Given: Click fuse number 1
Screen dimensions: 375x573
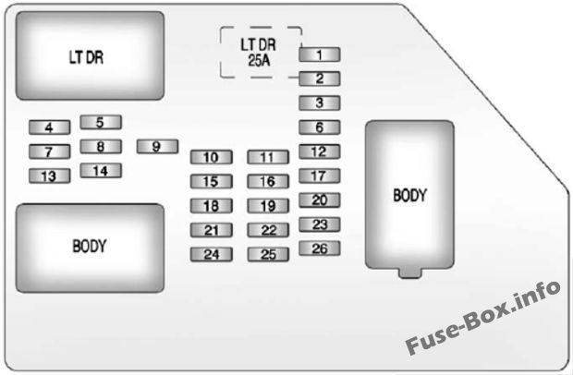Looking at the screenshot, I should click(320, 54).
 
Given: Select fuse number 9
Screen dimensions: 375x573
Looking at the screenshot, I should click(157, 146).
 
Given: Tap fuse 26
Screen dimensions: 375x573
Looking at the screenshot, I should click(320, 248).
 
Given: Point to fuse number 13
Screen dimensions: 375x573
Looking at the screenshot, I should click(49, 175).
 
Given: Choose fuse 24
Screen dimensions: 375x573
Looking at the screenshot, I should click(212, 255).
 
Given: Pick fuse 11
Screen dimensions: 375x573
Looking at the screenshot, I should click(268, 157).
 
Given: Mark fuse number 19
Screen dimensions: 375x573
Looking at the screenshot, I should click(268, 206).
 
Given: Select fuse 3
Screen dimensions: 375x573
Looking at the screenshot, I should click(320, 103).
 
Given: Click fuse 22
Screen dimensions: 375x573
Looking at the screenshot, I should click(268, 230).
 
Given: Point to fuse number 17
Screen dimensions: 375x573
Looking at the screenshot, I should click(320, 175).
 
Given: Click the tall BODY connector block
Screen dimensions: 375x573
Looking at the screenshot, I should click(409, 194).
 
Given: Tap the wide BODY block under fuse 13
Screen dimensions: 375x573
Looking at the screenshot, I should click(91, 247).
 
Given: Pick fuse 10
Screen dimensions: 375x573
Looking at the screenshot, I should click(212, 157).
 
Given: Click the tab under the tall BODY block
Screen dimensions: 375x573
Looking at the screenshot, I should click(409, 272).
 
